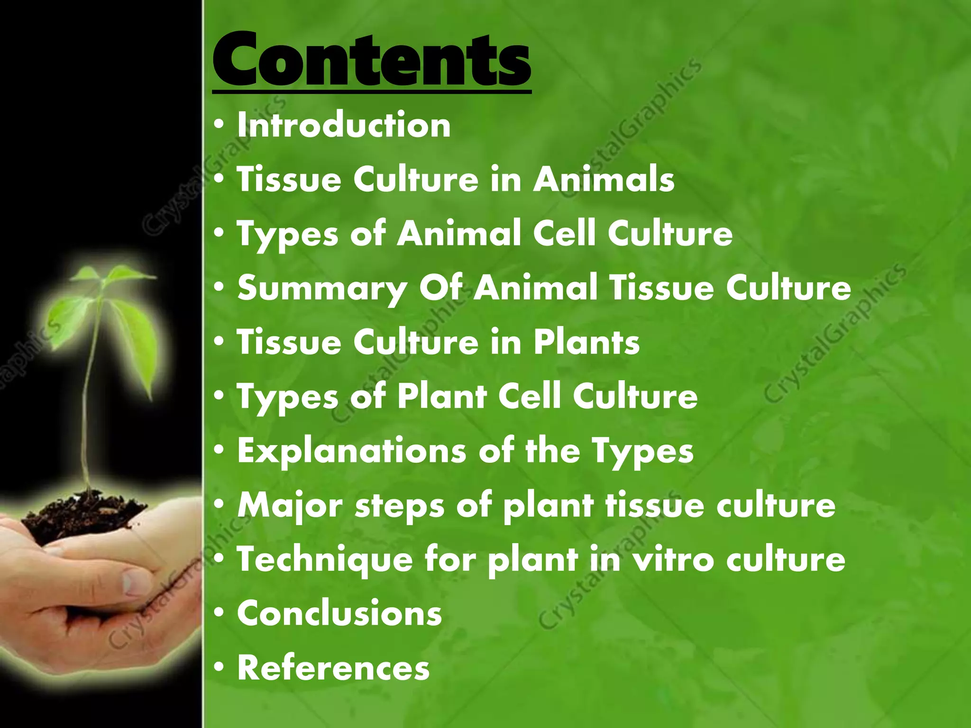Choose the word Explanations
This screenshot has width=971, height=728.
tap(351, 450)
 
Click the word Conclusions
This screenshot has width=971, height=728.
tap(339, 613)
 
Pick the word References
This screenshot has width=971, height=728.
tap(333, 667)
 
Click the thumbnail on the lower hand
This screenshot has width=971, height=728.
tap(135, 581)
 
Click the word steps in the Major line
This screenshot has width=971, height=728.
tap(400, 505)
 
